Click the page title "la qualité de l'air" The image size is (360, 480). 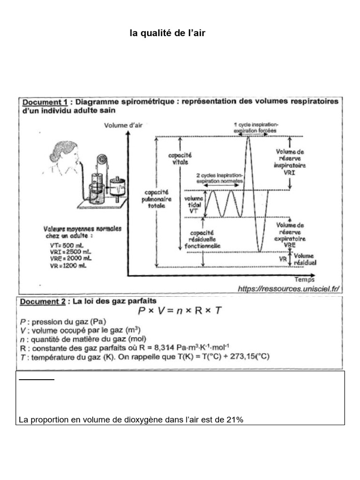pos(167,33)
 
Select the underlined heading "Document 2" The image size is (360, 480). pos(43,301)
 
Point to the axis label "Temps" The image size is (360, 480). pos(305,280)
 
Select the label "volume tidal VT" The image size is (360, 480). pos(194,205)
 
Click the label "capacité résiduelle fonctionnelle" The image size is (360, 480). pos(202,239)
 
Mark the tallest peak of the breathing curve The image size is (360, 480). pos(248,136)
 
